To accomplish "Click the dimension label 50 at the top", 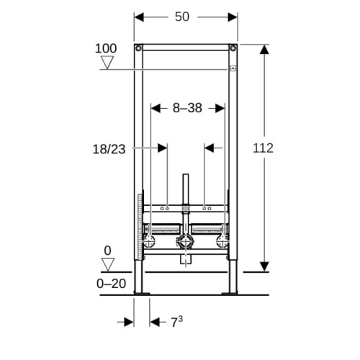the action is click(x=182, y=17).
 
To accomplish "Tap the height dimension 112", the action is click(x=263, y=148).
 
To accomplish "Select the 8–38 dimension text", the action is click(x=187, y=108).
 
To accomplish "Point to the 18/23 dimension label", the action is click(x=109, y=149).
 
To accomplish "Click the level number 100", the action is click(x=106, y=48).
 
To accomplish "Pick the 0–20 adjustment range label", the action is click(x=111, y=284).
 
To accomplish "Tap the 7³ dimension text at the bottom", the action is click(x=176, y=322).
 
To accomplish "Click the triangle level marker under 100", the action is click(x=107, y=63).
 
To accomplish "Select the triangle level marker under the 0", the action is click(x=108, y=264).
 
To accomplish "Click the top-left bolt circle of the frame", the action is click(x=138, y=48).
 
